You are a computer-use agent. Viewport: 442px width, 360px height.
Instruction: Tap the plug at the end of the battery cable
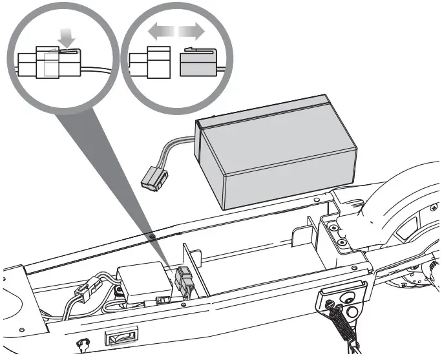click(153, 177)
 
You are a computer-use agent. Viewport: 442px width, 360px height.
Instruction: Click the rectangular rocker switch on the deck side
click(121, 337)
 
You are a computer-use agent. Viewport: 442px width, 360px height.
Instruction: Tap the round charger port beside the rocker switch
click(82, 343)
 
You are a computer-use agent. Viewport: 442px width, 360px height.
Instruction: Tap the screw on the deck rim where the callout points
click(151, 237)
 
